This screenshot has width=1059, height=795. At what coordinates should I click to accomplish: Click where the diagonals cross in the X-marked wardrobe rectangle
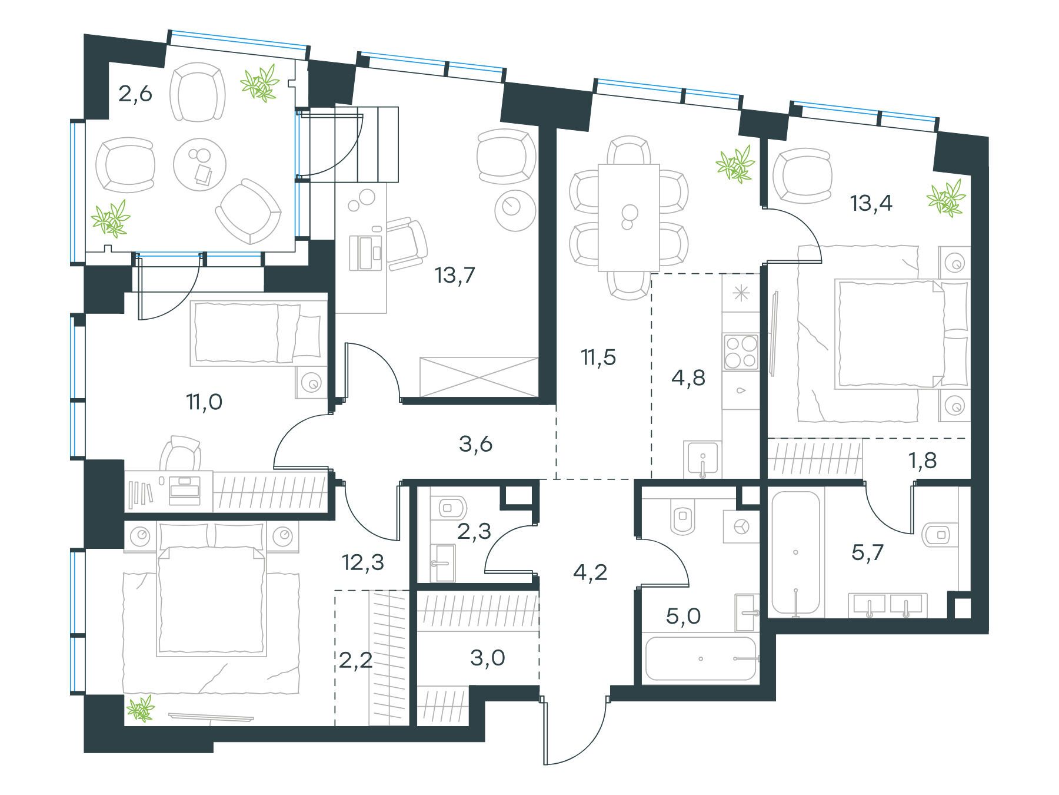coord(480,376)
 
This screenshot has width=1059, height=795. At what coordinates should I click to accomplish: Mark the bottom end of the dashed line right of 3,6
coord(557,478)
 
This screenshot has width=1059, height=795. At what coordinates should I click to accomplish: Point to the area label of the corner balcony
coord(135,94)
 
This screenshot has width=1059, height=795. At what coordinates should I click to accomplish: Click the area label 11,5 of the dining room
coord(597,357)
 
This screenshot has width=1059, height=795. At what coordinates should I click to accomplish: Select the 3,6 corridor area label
coord(475,445)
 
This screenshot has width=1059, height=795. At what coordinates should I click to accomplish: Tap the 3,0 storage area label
coord(488,658)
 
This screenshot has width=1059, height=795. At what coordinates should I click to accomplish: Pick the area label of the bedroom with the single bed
coord(204,403)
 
